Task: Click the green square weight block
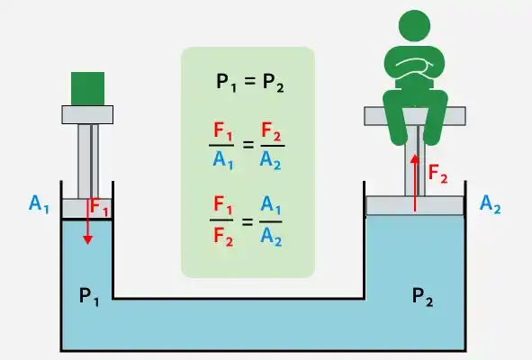(87, 88)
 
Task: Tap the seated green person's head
(414, 26)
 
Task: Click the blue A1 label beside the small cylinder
(39, 204)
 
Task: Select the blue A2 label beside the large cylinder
(490, 204)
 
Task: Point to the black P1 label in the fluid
(89, 296)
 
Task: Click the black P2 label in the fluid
(422, 296)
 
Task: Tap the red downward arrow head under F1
(87, 240)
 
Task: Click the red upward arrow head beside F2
(415, 159)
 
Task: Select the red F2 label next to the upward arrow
(438, 174)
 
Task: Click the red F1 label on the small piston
(99, 207)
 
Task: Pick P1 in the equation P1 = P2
(226, 83)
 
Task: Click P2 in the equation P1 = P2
(273, 83)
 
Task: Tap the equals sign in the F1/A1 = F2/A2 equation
(248, 145)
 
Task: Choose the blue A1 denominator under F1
(223, 159)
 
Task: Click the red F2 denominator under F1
(223, 236)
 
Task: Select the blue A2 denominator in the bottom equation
(271, 236)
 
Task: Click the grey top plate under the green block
(87, 114)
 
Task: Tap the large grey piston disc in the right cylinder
(415, 205)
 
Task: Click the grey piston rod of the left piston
(88, 161)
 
